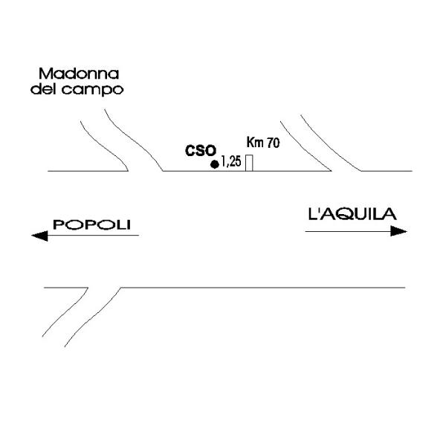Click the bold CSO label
(198, 151)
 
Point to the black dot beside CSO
(215, 164)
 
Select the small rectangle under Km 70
(249, 163)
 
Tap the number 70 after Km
(273, 143)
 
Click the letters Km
(255, 143)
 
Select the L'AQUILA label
(352, 215)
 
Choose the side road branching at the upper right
(327, 141)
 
